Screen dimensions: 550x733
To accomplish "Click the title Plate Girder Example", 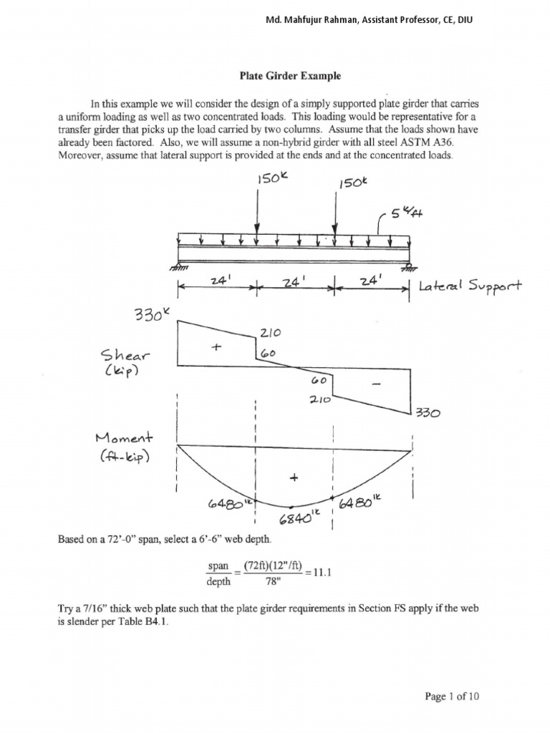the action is click(289, 75).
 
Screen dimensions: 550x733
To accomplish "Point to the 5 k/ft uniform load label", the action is click(404, 213).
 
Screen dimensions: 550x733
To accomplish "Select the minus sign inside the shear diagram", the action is click(376, 384).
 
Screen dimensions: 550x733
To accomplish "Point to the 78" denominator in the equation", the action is click(265, 582).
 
